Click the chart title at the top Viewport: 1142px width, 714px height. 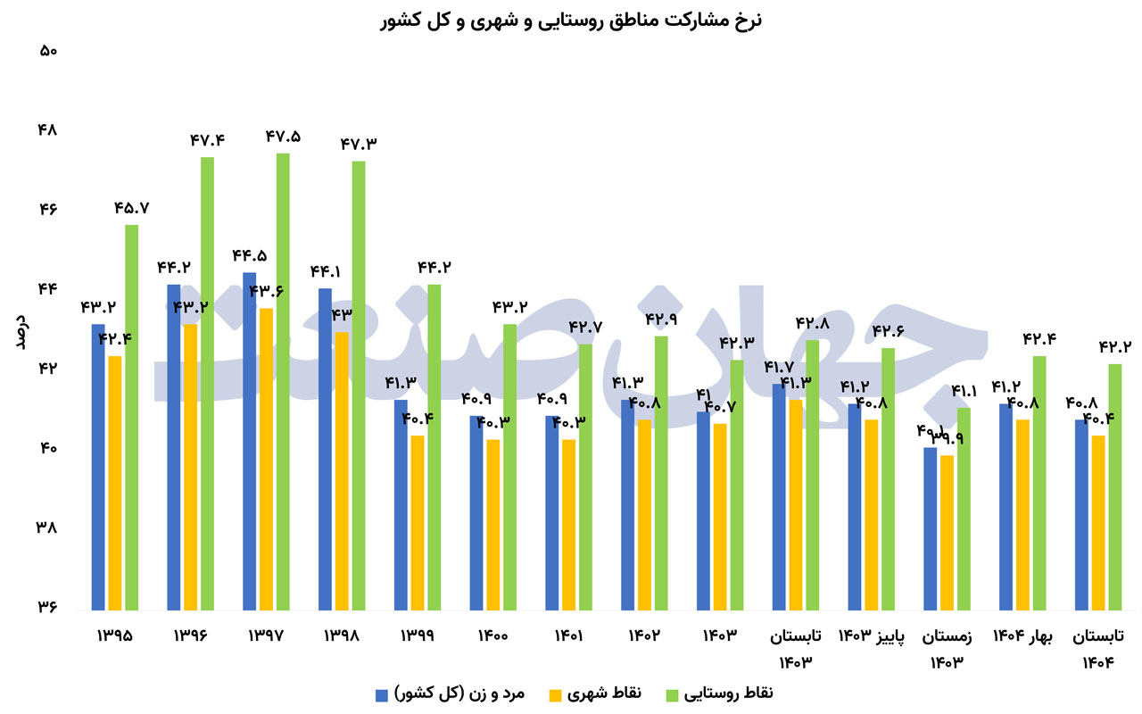pos(571,21)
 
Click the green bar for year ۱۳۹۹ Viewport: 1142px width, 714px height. pos(434,446)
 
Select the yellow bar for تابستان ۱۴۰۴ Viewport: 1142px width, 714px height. pos(1098,522)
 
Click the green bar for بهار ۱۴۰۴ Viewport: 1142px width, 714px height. pos(1039,482)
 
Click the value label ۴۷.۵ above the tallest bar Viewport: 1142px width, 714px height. pos(283,137)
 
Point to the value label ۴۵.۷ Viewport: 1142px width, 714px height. pos(131,208)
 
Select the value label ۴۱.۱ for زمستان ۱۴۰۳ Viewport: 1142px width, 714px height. pos(964,391)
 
